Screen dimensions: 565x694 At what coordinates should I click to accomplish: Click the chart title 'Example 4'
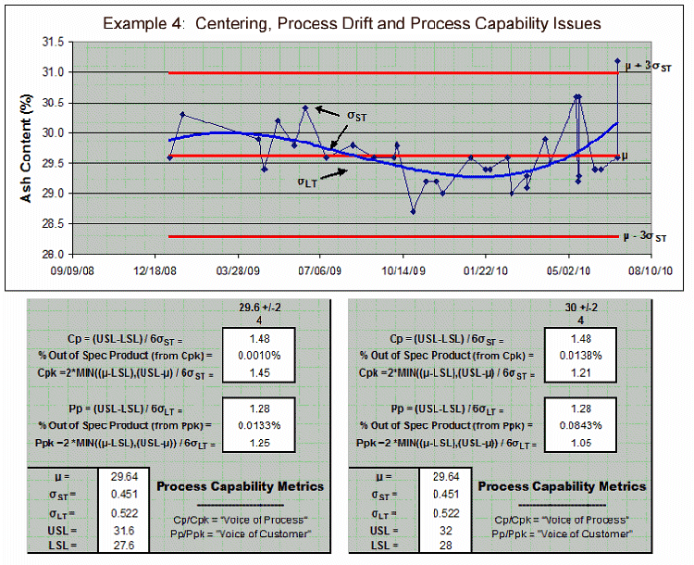coord(352,22)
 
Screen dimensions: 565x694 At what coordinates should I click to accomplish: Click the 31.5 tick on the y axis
coord(52,43)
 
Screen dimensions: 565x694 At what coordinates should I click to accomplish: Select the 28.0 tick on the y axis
coord(52,255)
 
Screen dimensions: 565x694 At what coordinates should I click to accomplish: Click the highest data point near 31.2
coord(617,61)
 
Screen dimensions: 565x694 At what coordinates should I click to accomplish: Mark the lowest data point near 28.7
coord(413,212)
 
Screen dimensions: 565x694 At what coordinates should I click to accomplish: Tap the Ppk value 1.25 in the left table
coord(259,443)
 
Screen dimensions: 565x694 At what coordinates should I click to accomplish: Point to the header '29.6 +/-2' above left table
coord(258,309)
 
